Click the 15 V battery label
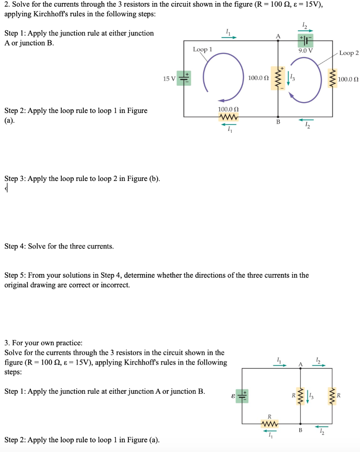pyautogui.click(x=169, y=79)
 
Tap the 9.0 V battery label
pyautogui.click(x=305, y=50)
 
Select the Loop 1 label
pyautogui.click(x=202, y=49)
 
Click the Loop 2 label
pyautogui.click(x=349, y=53)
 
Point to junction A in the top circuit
pyautogui.click(x=278, y=41)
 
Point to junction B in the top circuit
pyautogui.click(x=278, y=117)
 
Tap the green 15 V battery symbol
pyautogui.click(x=184, y=78)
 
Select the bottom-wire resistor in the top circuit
pyautogui.click(x=229, y=117)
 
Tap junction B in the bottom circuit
pyautogui.click(x=300, y=423)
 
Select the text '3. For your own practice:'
pyautogui.click(x=43, y=343)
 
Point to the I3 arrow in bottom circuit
pyautogui.click(x=308, y=394)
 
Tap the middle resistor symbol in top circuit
pyautogui.click(x=278, y=79)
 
